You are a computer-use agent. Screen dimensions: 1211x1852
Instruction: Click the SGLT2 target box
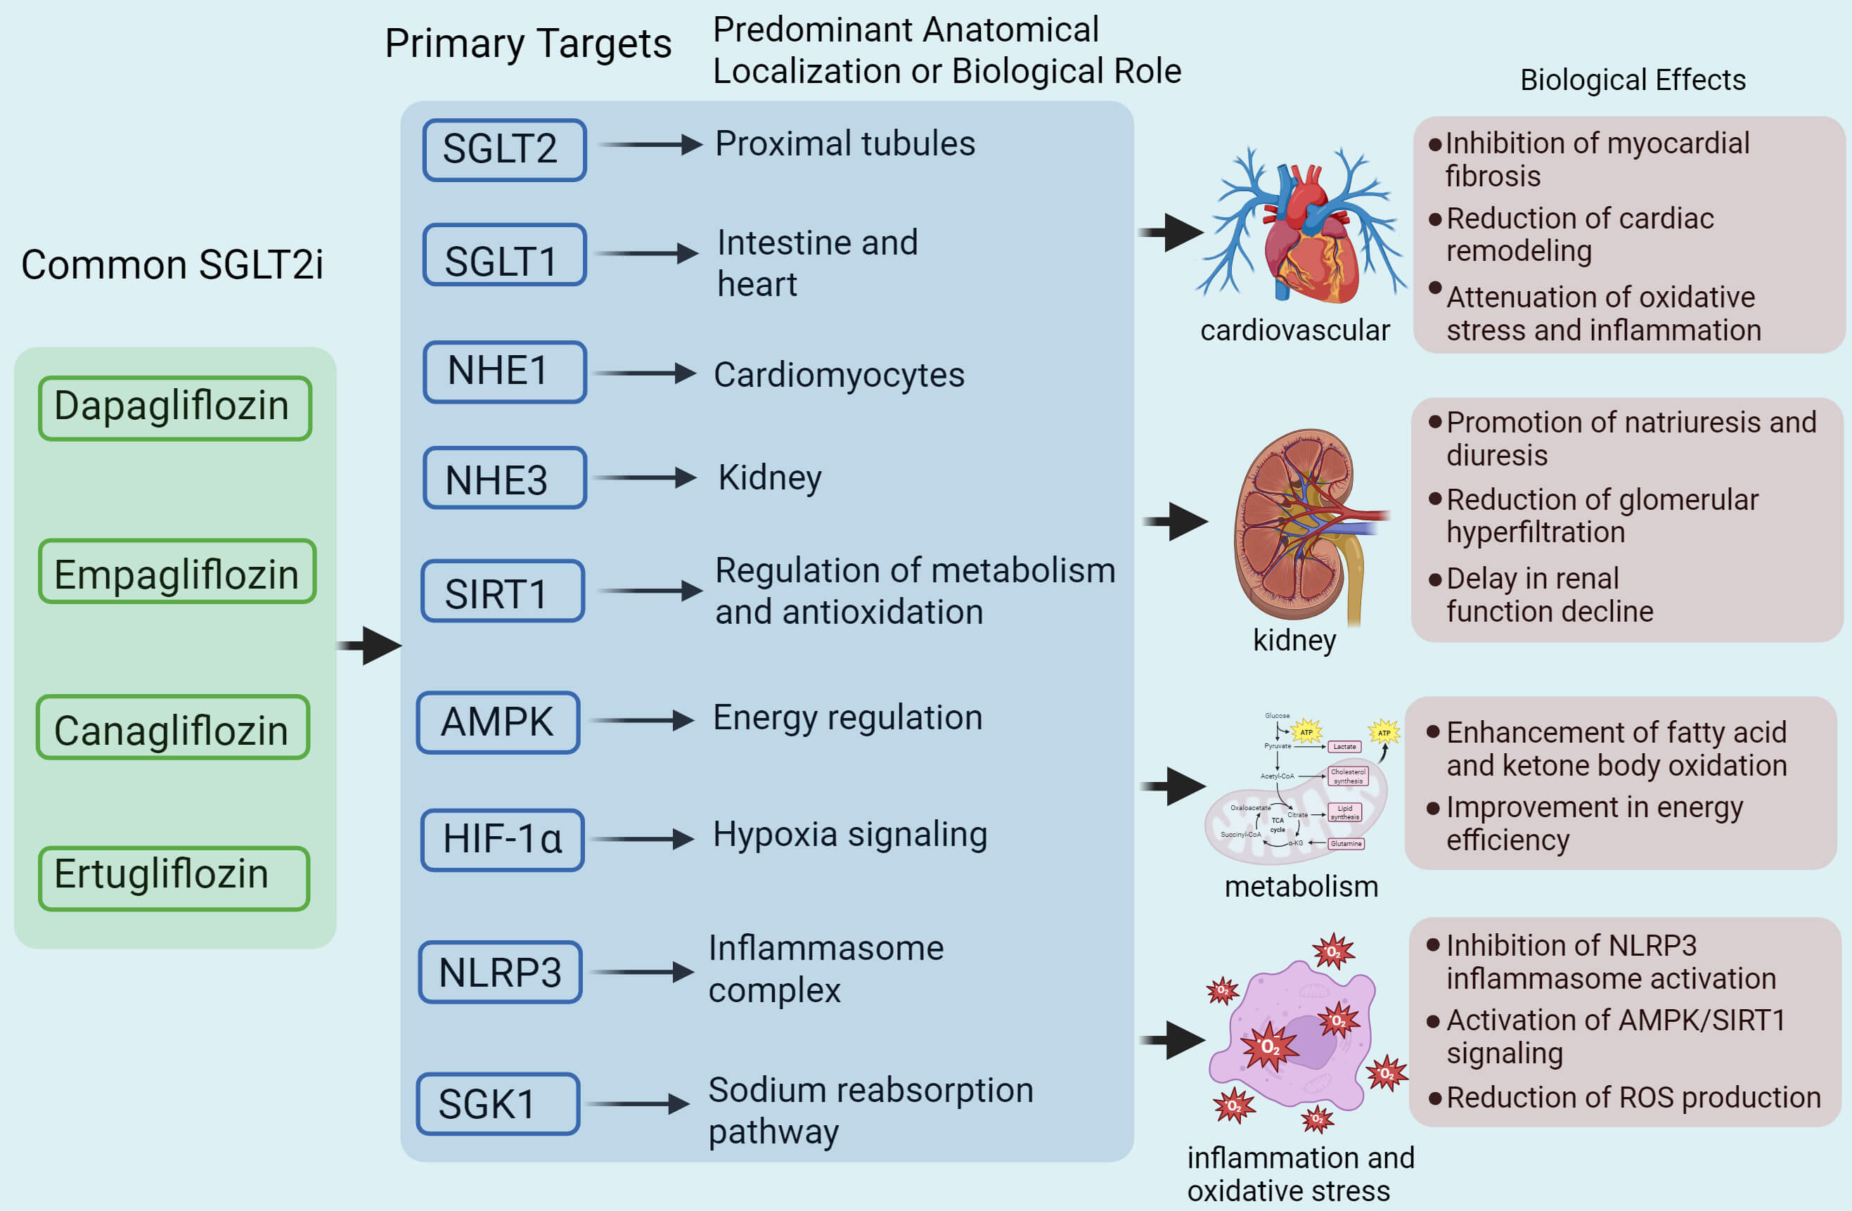tap(504, 149)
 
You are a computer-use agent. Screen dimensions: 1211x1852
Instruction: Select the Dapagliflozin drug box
tap(175, 408)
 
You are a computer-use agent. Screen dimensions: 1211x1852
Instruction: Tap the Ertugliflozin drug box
tap(174, 878)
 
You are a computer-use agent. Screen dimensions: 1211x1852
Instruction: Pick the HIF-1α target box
tap(503, 840)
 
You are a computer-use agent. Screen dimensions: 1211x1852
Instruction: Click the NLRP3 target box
tap(501, 972)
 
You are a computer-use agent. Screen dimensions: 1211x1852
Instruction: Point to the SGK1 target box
tap(498, 1103)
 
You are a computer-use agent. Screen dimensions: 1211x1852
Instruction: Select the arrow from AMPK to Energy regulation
tap(643, 720)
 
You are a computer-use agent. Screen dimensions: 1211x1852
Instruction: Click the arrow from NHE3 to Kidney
tap(644, 477)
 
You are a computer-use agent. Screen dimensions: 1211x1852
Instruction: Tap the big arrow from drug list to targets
tap(371, 645)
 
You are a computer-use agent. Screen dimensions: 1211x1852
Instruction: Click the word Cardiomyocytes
tap(839, 375)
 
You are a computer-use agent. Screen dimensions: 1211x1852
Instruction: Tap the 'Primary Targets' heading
tap(527, 44)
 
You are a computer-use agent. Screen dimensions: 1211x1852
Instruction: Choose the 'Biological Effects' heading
tap(1633, 80)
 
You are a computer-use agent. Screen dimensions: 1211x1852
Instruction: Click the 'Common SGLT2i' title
tap(172, 264)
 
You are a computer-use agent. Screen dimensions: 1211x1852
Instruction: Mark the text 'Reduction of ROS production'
tap(1633, 1097)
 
